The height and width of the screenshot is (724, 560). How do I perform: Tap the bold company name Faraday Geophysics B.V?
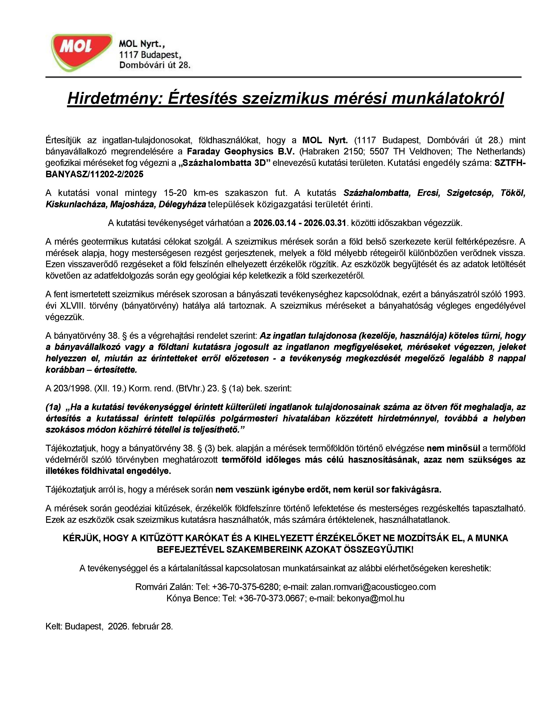pyautogui.click(x=240, y=152)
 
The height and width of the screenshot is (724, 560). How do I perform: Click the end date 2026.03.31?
pyautogui.click(x=325, y=223)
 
